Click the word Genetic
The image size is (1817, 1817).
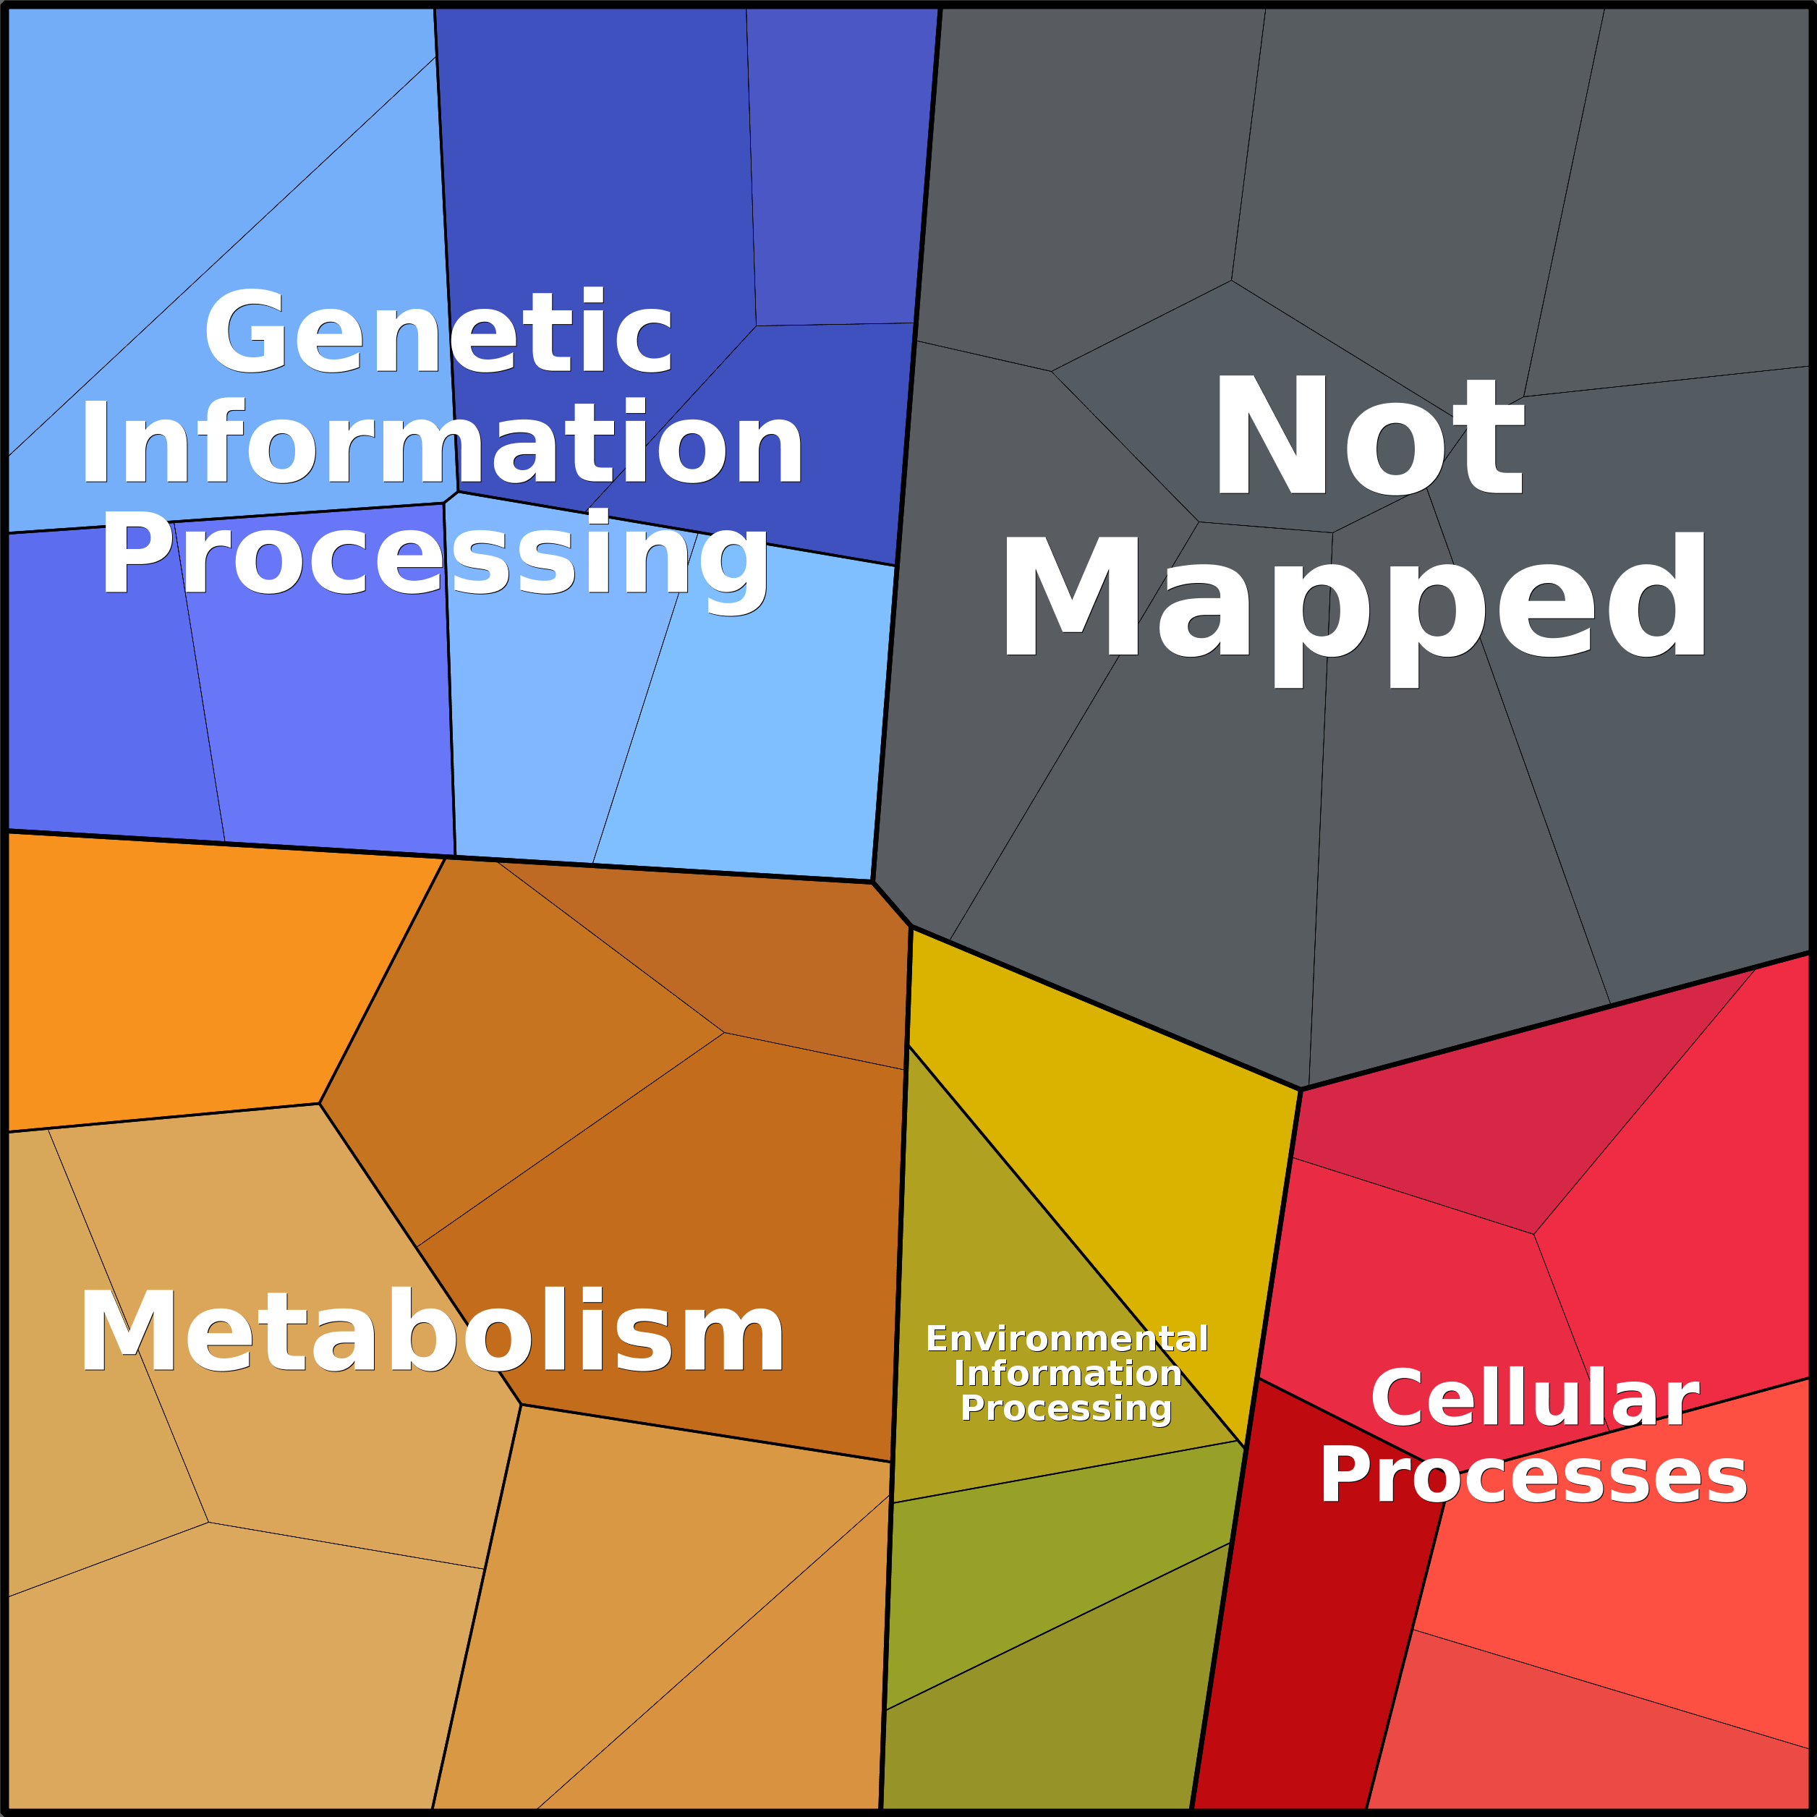pos(438,331)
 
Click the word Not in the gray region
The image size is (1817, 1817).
pos(1369,433)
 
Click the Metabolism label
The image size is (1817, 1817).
pos(432,1334)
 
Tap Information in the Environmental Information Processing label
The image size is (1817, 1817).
pos(1068,1373)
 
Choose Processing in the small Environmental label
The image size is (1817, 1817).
pos(1066,1409)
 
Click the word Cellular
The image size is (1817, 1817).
pos(1535,1397)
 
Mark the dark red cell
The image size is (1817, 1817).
pos(1307,1599)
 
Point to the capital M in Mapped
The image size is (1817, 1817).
pos(1071,595)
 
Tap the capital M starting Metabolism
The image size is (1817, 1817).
pos(131,1332)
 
